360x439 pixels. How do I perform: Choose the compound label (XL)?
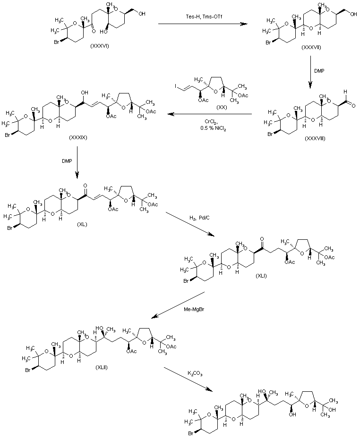(83, 226)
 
